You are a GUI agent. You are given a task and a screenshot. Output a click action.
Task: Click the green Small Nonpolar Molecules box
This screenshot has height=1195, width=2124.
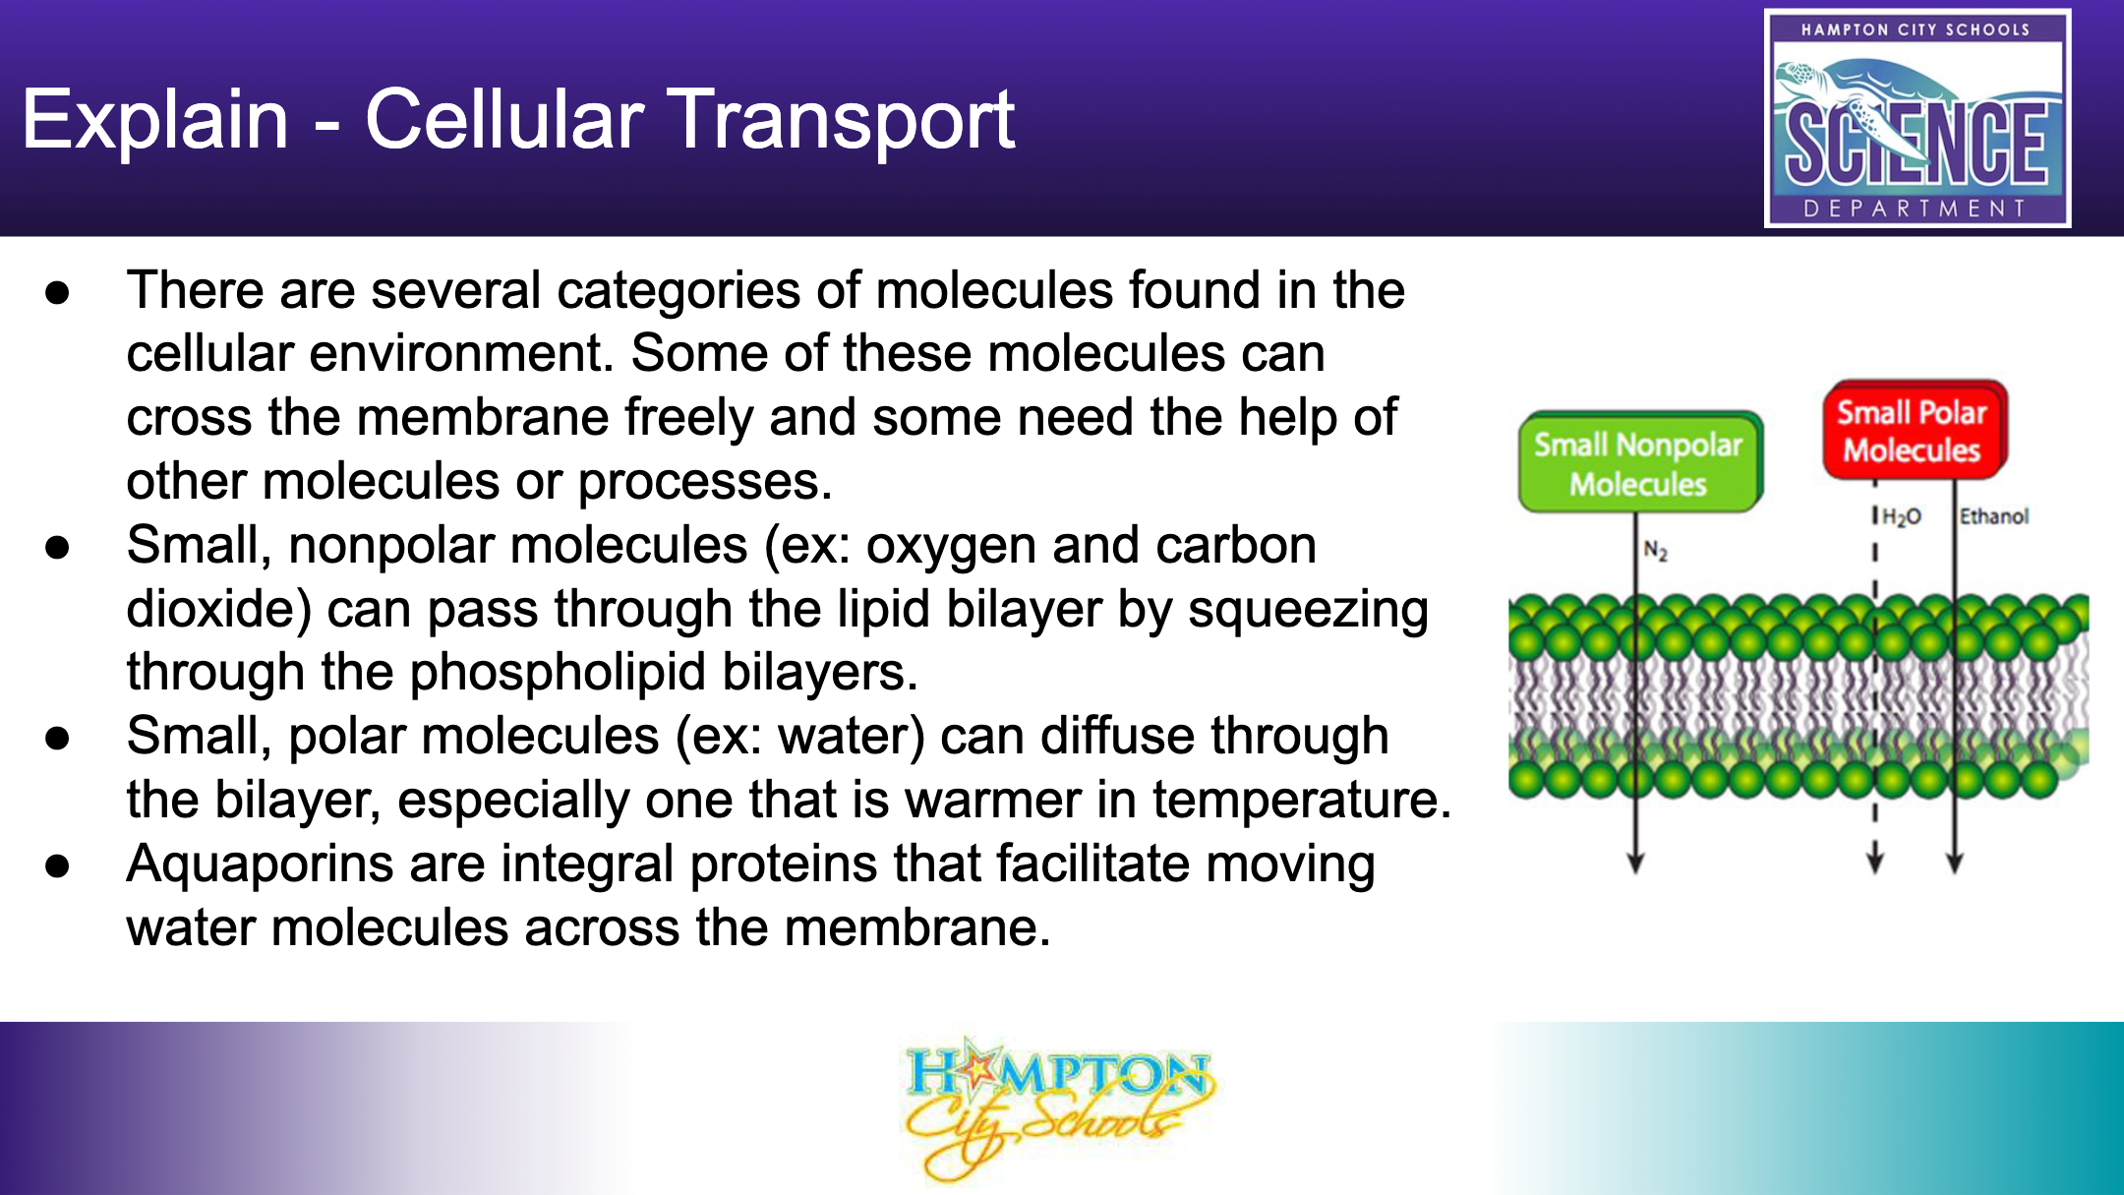[x=1639, y=462]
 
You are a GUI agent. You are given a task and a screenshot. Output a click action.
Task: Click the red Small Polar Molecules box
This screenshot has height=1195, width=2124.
[x=1914, y=431]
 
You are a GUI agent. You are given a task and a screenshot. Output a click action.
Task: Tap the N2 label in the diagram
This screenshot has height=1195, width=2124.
[x=1656, y=551]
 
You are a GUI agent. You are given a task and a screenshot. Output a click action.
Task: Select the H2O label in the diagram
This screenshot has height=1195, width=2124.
[x=1902, y=517]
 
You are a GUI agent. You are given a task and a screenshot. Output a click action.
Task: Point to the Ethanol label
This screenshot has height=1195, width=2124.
[x=1994, y=516]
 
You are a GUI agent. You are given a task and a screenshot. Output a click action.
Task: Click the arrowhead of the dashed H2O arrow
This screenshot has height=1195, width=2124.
[x=1875, y=861]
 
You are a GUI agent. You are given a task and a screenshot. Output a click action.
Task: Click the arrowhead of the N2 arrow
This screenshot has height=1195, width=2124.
[x=1635, y=861]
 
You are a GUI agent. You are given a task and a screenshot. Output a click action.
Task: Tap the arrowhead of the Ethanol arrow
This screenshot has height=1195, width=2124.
[x=1955, y=861]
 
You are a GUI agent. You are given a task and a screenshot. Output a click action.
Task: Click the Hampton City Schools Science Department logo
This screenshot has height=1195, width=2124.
[x=1917, y=118]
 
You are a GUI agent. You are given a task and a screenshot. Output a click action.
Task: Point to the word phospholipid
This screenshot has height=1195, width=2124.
[x=558, y=674]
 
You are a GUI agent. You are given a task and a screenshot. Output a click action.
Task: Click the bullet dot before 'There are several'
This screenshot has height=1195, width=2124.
[x=58, y=293]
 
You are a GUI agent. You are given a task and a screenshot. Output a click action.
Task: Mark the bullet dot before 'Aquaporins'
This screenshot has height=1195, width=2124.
[x=58, y=866]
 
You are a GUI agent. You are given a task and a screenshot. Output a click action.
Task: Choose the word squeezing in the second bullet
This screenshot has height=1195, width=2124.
[x=1308, y=611]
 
